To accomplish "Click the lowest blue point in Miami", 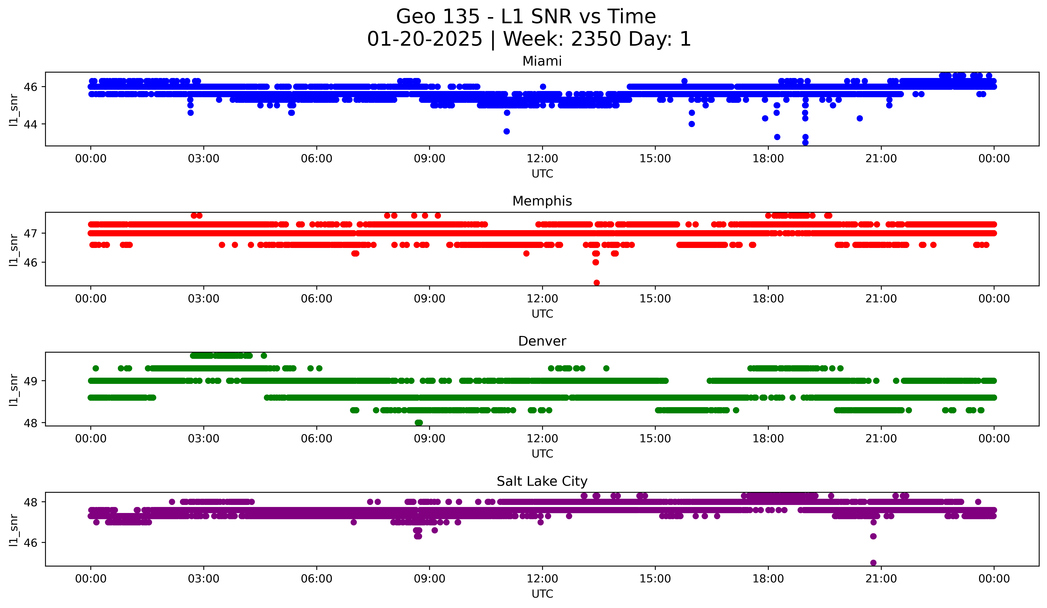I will coord(805,143).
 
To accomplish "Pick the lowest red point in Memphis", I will coord(597,283).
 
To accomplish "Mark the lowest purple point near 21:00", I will coord(873,563).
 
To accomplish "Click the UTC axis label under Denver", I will coord(542,454).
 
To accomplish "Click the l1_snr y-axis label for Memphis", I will coord(14,249).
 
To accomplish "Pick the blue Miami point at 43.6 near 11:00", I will coord(506,131).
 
